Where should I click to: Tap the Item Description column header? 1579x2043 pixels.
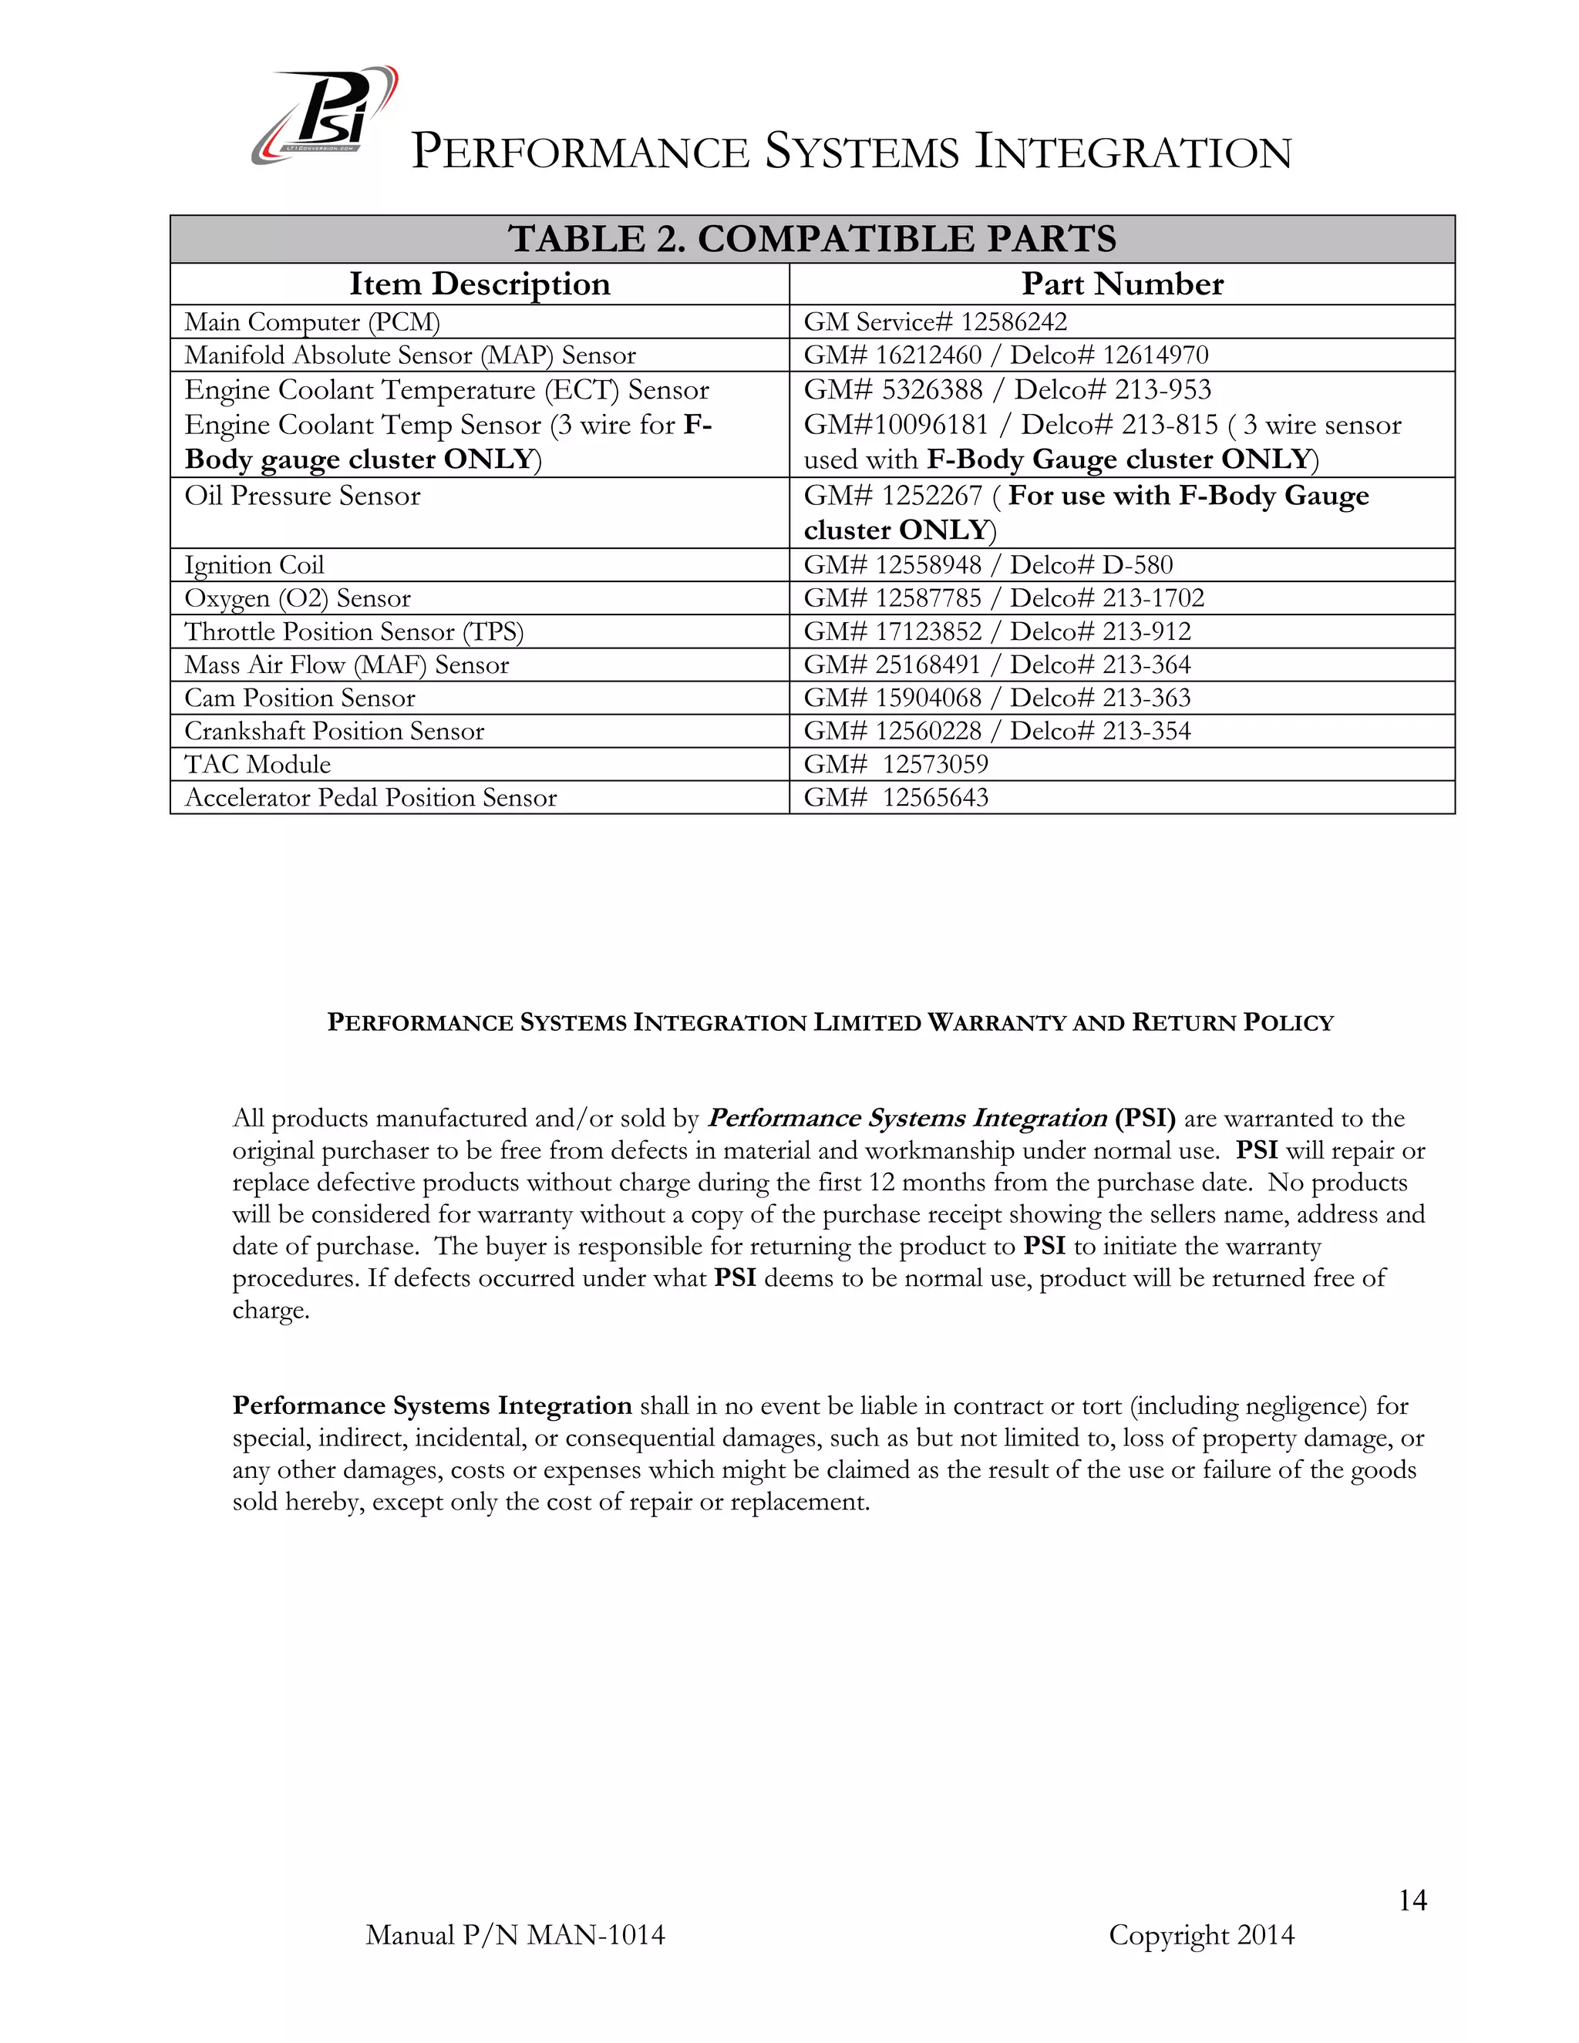pos(479,284)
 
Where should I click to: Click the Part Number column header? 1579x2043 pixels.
pos(1122,284)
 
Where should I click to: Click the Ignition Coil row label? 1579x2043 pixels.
pos(254,565)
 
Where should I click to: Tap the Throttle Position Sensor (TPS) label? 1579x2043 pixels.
pos(354,631)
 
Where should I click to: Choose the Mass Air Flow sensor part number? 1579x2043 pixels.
pos(997,665)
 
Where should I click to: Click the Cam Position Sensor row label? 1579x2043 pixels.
pos(299,698)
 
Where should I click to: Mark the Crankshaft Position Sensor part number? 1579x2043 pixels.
pos(997,731)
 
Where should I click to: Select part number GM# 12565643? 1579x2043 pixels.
pos(895,797)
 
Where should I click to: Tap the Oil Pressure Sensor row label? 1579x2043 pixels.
pos(302,496)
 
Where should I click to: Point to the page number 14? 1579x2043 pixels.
pos(1412,1900)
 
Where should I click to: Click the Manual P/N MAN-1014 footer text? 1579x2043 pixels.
pos(516,1934)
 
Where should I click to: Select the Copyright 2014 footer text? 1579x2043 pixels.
pos(1201,1934)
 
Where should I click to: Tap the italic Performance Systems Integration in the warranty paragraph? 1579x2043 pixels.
pos(907,1118)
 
